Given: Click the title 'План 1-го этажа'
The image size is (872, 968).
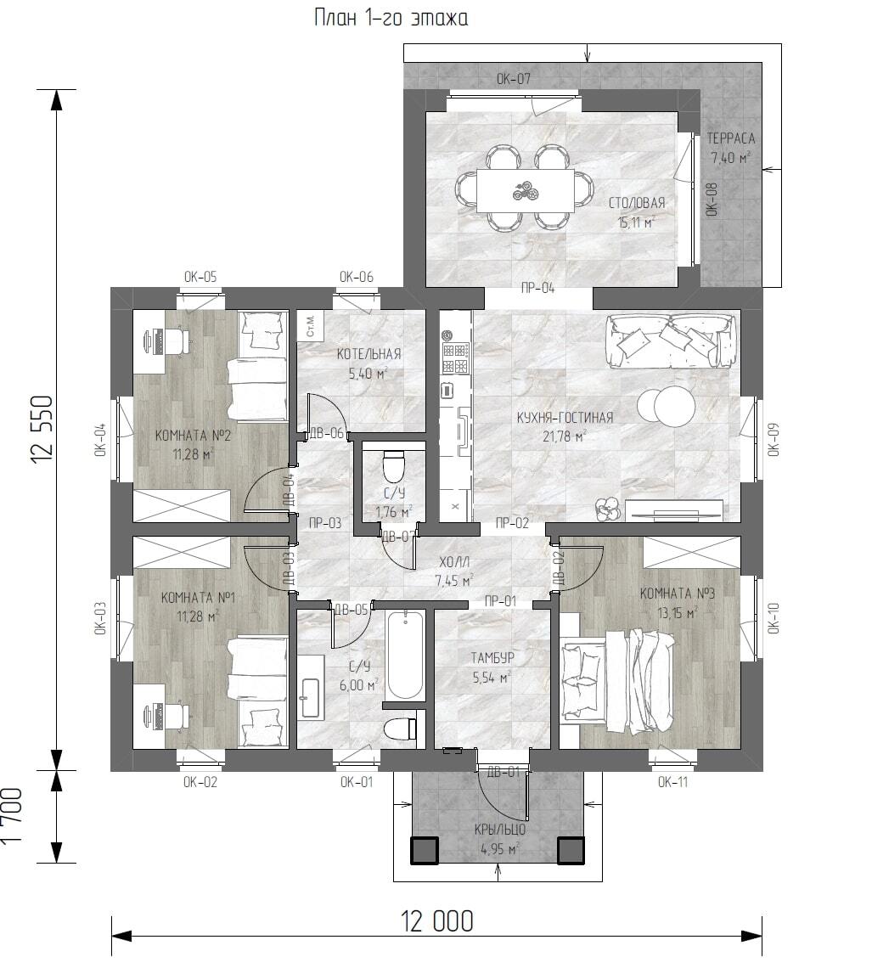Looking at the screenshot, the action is [391, 17].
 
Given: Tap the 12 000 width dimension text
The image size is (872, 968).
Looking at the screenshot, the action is [437, 921].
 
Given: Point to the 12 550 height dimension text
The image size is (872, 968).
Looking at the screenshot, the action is [42, 430].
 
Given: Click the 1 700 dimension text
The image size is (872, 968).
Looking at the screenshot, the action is [12, 816].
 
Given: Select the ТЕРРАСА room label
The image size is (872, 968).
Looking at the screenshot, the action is [731, 138].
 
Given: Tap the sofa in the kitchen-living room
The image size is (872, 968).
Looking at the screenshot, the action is [671, 340].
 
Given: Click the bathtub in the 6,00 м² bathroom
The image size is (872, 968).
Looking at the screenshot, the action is [405, 655].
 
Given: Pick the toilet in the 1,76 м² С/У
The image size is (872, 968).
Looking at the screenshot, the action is [393, 467].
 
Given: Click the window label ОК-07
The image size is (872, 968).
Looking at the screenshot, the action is [514, 79].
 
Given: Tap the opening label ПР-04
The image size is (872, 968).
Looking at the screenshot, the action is [537, 289].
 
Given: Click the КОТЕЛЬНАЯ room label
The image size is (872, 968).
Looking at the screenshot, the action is [368, 354].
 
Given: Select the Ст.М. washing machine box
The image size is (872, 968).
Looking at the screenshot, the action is [308, 324].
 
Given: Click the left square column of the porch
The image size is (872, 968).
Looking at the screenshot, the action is [424, 850].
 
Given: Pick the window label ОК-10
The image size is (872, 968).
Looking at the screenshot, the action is [774, 618].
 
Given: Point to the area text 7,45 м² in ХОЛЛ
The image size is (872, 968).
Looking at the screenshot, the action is [454, 581].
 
